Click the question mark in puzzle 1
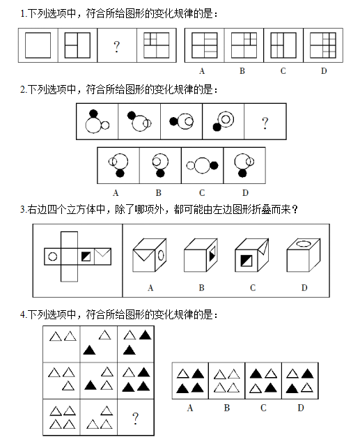click(x=116, y=47)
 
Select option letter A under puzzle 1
click(x=202, y=71)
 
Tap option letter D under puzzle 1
click(x=324, y=71)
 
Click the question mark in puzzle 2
click(x=265, y=123)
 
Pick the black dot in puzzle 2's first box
click(x=93, y=114)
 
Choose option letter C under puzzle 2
click(x=202, y=193)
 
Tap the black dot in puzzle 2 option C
click(x=214, y=165)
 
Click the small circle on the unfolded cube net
click(x=53, y=257)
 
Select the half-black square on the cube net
click(x=86, y=257)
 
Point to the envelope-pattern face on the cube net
click(x=102, y=257)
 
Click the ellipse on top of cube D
click(x=303, y=243)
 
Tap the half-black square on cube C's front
click(x=246, y=261)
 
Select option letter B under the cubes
click(x=201, y=288)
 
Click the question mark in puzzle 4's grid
click(x=136, y=418)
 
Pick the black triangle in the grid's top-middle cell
click(x=89, y=351)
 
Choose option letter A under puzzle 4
click(x=190, y=408)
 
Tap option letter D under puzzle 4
click(x=301, y=408)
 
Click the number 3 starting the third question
click(x=22, y=210)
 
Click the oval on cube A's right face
click(x=161, y=255)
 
